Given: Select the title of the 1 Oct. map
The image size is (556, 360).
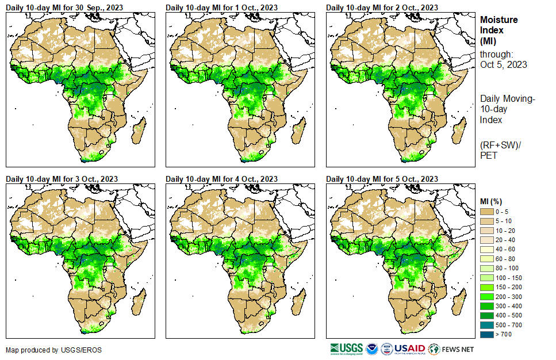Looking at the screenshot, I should tap(221, 7).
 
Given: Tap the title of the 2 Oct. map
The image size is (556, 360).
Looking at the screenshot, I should tap(382, 7).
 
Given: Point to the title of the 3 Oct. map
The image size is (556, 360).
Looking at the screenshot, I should tap(62, 179).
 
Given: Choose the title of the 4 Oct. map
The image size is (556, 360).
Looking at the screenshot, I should tap(221, 179).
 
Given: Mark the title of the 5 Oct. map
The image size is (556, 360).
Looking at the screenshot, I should tap(382, 179).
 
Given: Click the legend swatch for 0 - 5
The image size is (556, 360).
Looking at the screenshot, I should tap(487, 212).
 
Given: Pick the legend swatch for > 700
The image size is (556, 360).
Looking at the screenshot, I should tap(487, 334).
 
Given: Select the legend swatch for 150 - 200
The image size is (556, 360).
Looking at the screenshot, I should tap(487, 287).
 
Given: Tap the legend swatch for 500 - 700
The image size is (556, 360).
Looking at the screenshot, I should tap(487, 324).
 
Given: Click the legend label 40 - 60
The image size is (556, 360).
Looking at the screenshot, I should tap(507, 250).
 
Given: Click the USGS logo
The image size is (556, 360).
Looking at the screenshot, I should tap(346, 348).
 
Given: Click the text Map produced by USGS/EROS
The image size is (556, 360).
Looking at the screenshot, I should tap(45, 350).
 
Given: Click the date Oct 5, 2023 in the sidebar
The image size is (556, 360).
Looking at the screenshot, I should tap(503, 64).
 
